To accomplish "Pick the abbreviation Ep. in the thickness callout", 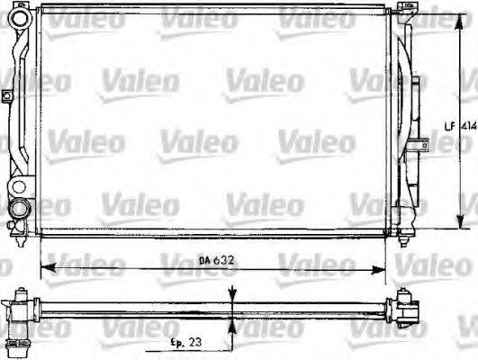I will click(179, 342).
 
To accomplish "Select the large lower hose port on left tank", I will click(17, 209).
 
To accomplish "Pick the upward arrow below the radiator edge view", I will click(233, 325).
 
